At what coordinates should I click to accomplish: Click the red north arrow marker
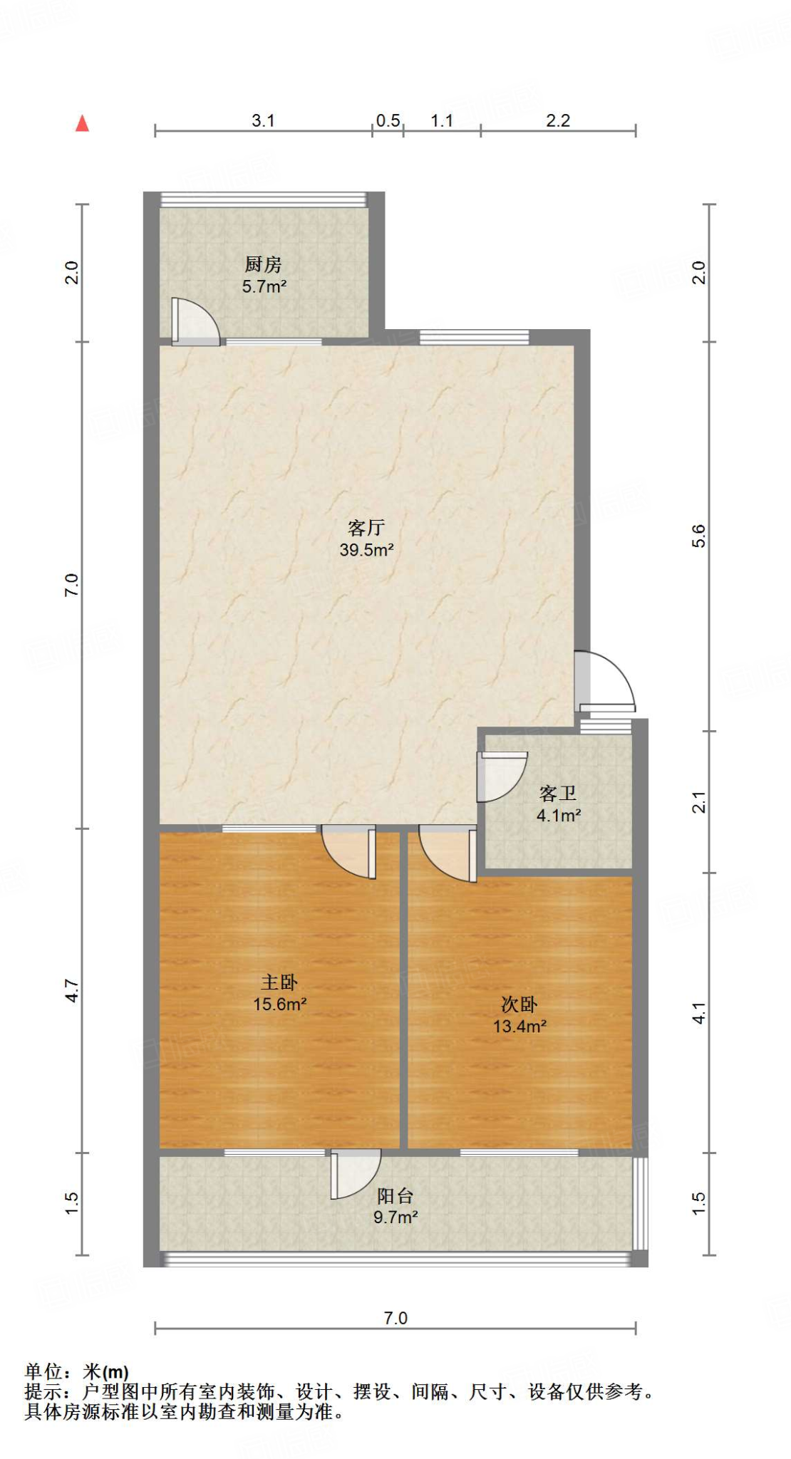click(83, 124)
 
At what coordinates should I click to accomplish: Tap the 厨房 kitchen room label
click(263, 264)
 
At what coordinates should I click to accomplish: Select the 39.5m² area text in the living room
click(366, 550)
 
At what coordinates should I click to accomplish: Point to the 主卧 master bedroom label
click(279, 982)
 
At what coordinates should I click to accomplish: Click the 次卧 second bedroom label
click(519, 1004)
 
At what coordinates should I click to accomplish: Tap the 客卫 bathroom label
click(557, 794)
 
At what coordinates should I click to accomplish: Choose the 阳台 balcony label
click(395, 1196)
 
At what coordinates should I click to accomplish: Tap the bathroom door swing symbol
click(502, 776)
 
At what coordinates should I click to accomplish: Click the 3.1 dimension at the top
click(263, 120)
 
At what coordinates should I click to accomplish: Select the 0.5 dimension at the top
click(388, 120)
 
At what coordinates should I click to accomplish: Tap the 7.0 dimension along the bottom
click(395, 1318)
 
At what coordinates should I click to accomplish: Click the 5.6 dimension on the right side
click(699, 536)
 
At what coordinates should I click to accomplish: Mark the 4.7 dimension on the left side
click(72, 990)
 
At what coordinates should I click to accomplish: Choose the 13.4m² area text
click(519, 1027)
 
